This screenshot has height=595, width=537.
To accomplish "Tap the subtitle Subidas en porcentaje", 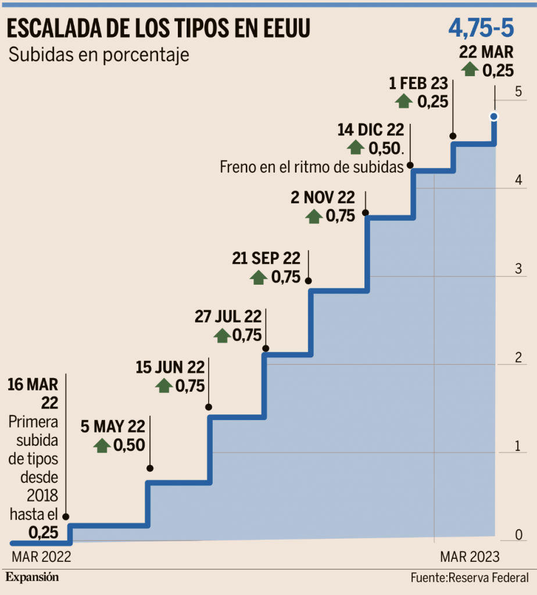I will pyautogui.click(x=99, y=56).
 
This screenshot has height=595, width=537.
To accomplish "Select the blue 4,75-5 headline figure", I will pyautogui.click(x=481, y=27).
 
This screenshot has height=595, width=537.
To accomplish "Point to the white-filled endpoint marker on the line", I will pyautogui.click(x=494, y=116).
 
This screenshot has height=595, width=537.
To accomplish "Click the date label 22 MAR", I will pyautogui.click(x=486, y=52).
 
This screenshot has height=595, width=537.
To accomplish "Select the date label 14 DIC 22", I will pyautogui.click(x=370, y=129).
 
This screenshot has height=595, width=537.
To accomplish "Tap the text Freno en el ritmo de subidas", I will pyautogui.click(x=312, y=167).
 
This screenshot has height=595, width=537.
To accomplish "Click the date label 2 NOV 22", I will pyautogui.click(x=322, y=199).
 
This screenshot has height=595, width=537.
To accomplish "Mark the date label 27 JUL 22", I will pyautogui.click(x=228, y=317).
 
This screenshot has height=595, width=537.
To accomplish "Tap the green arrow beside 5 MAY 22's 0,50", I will pyautogui.click(x=102, y=446).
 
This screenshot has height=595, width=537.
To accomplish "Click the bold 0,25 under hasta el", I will pyautogui.click(x=43, y=532).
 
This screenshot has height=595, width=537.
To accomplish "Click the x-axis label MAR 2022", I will pyautogui.click(x=41, y=557).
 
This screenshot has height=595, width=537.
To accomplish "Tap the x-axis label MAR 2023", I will pyautogui.click(x=470, y=557).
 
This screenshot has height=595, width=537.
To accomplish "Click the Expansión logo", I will pyautogui.click(x=33, y=578).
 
